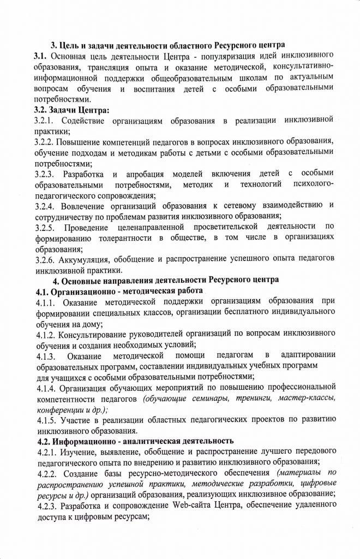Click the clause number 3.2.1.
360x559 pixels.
pos(44,120)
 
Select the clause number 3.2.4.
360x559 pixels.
pos(44,205)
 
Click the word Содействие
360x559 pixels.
pos(87,120)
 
